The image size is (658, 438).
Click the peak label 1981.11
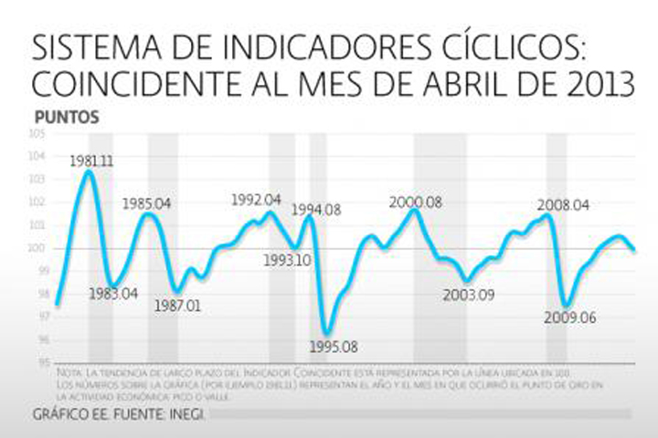pyautogui.click(x=91, y=161)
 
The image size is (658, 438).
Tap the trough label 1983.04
pyautogui.click(x=113, y=294)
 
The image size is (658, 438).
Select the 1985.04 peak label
pyautogui.click(x=147, y=203)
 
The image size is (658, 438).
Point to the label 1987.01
pyautogui.click(x=177, y=306)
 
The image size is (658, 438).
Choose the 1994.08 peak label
pyautogui.click(x=316, y=210)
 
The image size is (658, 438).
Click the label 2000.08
pyautogui.click(x=415, y=202)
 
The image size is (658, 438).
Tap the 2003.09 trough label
pyautogui.click(x=469, y=295)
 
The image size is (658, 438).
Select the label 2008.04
pyautogui.click(x=564, y=205)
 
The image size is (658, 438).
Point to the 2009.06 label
pyautogui.click(x=569, y=318)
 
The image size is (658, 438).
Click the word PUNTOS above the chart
pyautogui.click(x=66, y=118)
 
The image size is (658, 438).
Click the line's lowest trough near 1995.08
pyautogui.click(x=325, y=333)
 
